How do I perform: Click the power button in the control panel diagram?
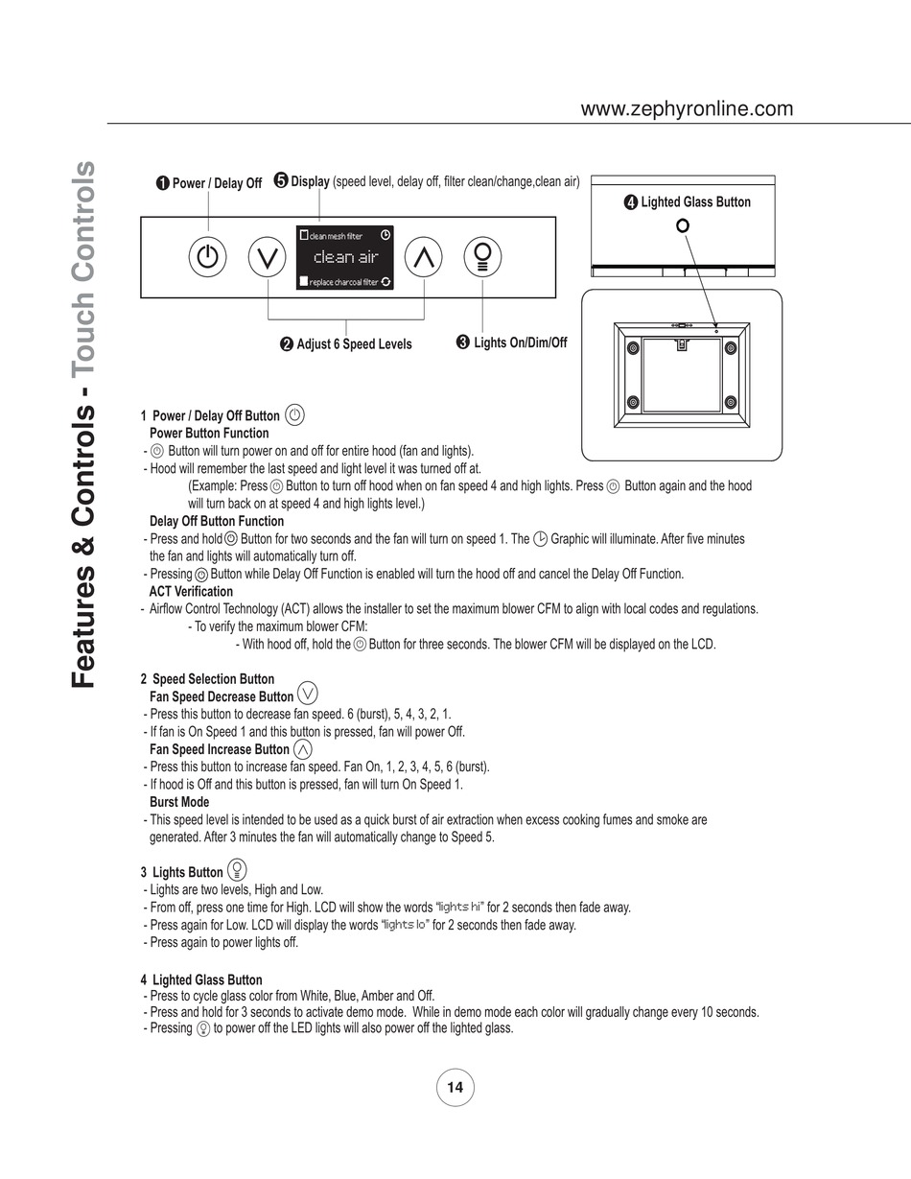[208, 257]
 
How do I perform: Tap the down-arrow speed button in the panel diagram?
[268, 257]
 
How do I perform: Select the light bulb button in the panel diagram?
[483, 256]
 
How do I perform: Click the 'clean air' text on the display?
[346, 257]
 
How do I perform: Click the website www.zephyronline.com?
[687, 108]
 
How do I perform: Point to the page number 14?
[455, 1087]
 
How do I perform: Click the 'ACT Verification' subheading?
[191, 591]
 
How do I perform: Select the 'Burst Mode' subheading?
[179, 802]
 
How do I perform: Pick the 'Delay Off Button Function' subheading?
[217, 521]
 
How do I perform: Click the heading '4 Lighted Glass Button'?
[201, 979]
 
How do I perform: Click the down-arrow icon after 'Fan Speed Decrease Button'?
[308, 694]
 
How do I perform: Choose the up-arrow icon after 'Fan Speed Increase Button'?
[303, 748]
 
